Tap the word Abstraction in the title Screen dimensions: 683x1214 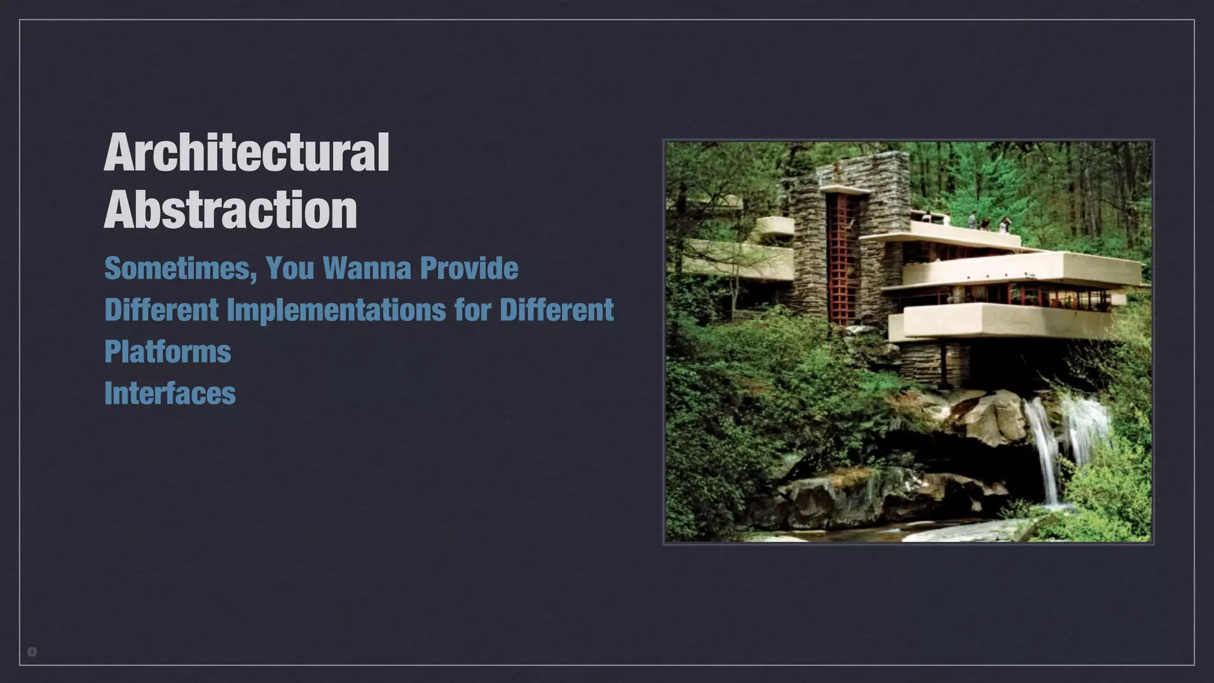point(231,209)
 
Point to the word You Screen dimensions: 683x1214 point(290,269)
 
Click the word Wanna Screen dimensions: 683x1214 point(368,269)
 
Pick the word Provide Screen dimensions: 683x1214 point(469,269)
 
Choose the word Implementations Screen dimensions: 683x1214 point(336,310)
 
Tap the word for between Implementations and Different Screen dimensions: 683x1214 point(472,310)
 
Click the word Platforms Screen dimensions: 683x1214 point(168,352)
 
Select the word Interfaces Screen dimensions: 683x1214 point(170,393)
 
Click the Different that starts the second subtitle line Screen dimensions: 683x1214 point(161,310)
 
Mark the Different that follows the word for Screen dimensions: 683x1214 point(557,310)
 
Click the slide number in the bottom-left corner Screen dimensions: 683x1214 point(32,652)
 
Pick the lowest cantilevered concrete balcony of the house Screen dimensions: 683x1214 point(1002,321)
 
